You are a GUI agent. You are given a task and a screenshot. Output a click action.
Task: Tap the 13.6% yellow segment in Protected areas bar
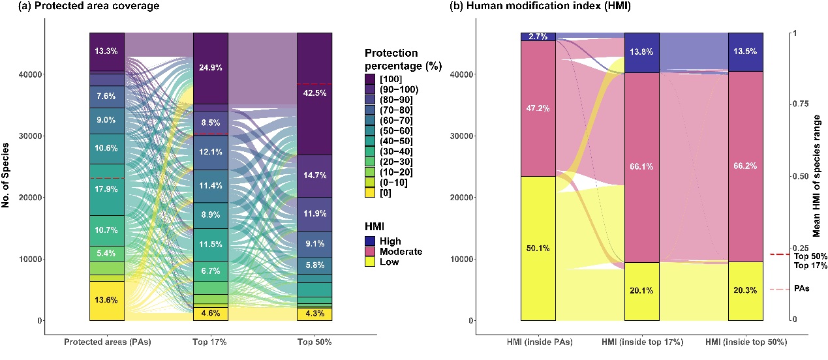click(x=107, y=301)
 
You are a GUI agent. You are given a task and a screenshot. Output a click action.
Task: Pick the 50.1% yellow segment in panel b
click(x=538, y=248)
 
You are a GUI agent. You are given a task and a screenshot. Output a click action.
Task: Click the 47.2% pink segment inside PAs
click(x=538, y=108)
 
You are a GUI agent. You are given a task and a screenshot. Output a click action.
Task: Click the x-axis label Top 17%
click(x=211, y=343)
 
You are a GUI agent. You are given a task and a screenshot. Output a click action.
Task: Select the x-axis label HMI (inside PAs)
click(x=538, y=343)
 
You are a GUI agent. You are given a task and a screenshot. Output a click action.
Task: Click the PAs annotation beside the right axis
click(x=801, y=288)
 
